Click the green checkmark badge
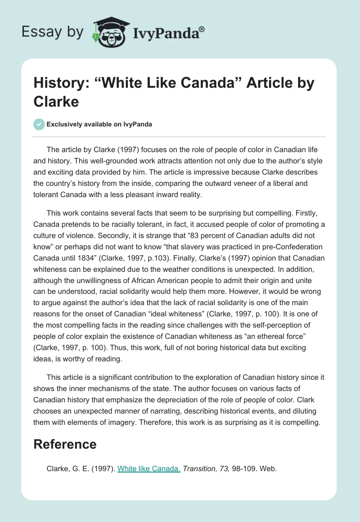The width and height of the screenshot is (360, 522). (x=39, y=124)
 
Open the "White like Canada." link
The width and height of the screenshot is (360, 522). (x=148, y=468)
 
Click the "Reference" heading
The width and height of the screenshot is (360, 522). (x=65, y=444)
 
